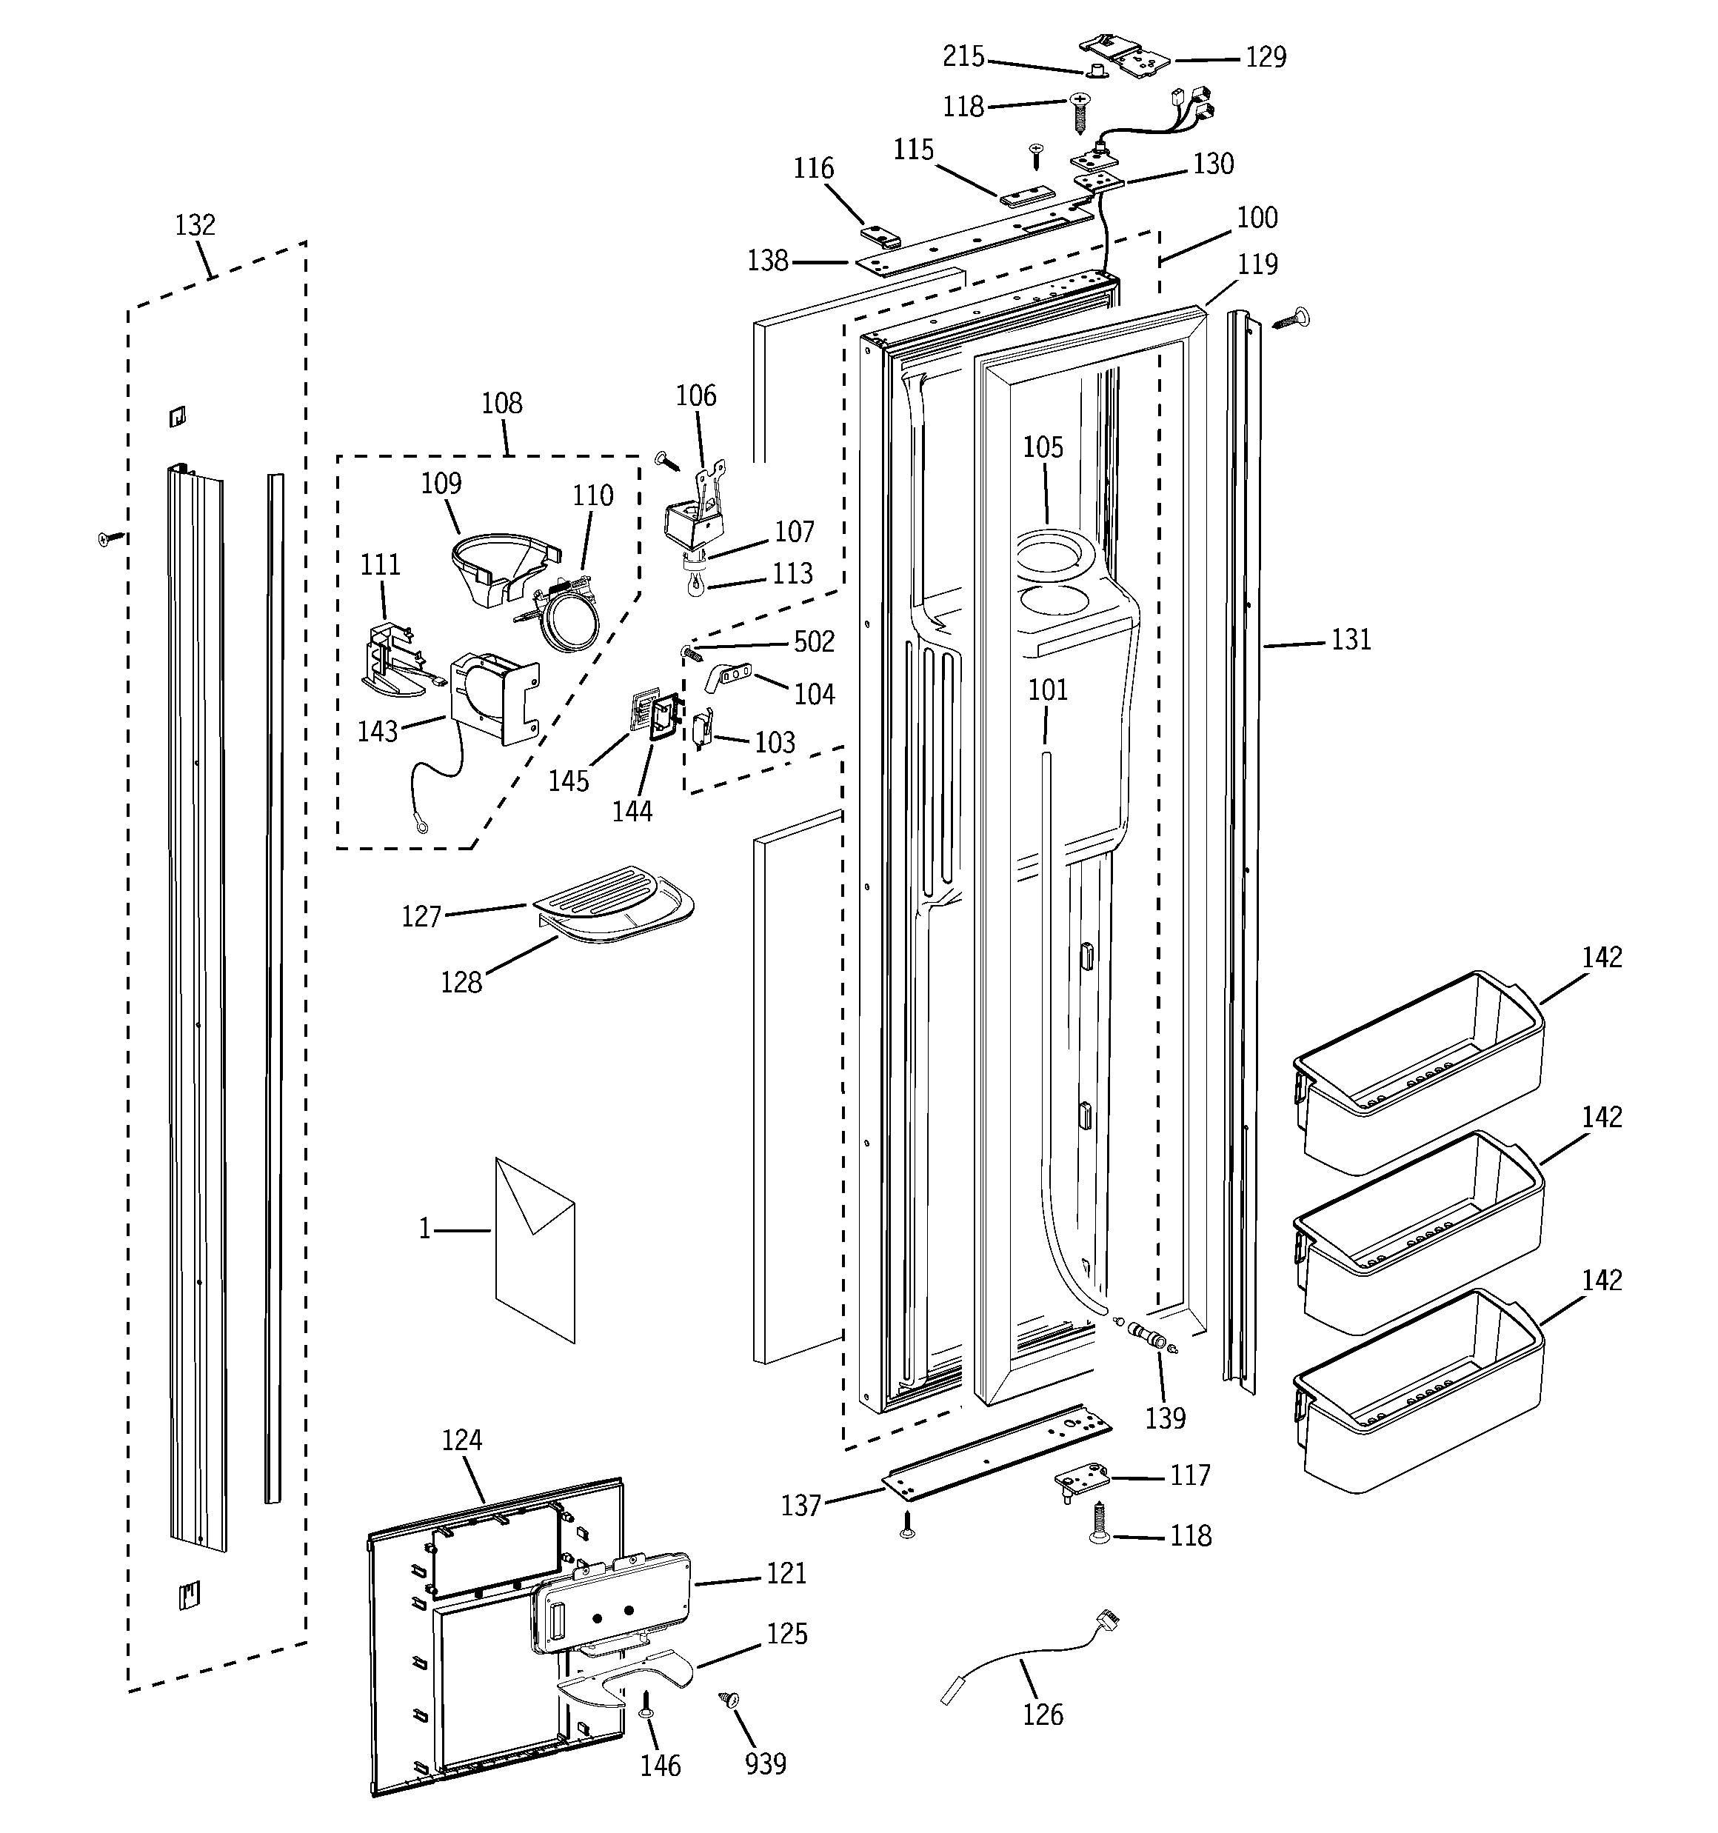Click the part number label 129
tap(1266, 57)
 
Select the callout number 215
tap(963, 57)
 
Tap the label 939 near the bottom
tap(766, 1764)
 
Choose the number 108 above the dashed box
tap(501, 403)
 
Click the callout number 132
tap(195, 225)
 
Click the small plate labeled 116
tap(880, 238)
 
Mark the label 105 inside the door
tap(1043, 447)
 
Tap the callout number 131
tap(1351, 639)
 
